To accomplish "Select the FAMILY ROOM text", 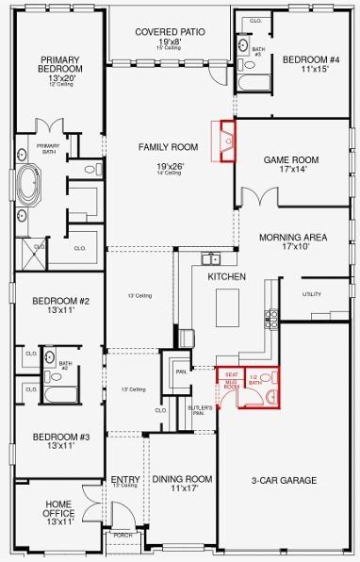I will click(168, 147).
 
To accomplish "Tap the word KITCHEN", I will click(226, 277).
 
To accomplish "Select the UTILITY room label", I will click(312, 294).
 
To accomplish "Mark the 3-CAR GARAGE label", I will click(285, 481).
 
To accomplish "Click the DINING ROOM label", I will click(181, 479).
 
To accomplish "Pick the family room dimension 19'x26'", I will click(171, 166).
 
